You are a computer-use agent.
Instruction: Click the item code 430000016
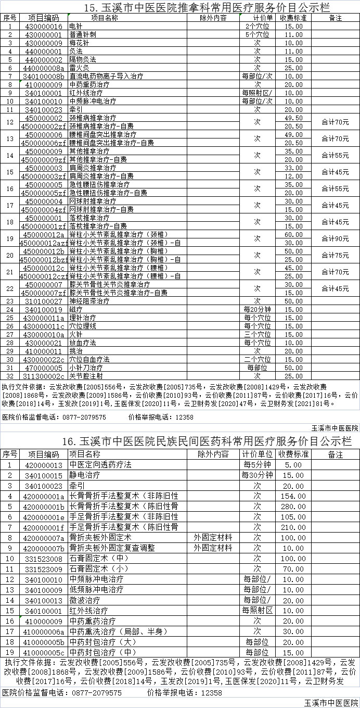(x=44, y=26)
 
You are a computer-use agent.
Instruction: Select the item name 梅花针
(x=79, y=43)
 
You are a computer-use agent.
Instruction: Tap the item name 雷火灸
(x=79, y=68)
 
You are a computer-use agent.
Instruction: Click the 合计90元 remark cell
(x=335, y=238)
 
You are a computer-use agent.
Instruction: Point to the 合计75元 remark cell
(x=335, y=255)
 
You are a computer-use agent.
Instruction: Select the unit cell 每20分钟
(x=257, y=309)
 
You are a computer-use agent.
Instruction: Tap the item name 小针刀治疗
(x=86, y=368)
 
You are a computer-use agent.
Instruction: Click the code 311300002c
(x=44, y=376)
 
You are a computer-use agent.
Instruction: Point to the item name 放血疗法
(x=83, y=343)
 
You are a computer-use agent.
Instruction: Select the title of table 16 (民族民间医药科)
(x=206, y=441)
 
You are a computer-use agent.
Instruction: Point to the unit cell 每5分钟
(x=257, y=465)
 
